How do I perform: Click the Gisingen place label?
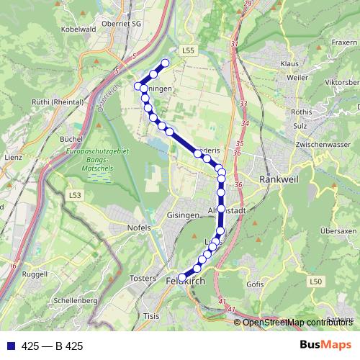[x=181, y=215]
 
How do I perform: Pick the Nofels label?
[x=139, y=228]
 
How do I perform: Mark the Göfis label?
[x=255, y=285]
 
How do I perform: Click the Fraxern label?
[x=344, y=42]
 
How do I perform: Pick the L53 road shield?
[x=75, y=195]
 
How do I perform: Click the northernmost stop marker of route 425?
[x=166, y=63]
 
